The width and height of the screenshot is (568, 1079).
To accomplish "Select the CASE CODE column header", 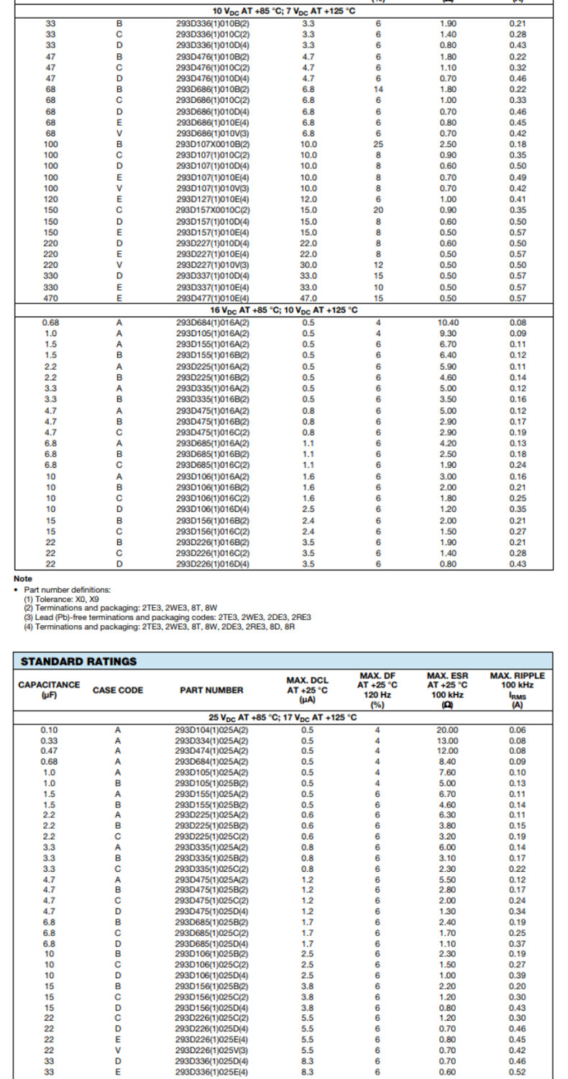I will (x=118, y=690).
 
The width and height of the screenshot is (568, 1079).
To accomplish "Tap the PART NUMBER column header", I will (x=211, y=690).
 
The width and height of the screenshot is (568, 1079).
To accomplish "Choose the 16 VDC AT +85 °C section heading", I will (x=284, y=310).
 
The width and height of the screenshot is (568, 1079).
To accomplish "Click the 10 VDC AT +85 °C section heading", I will (x=284, y=12).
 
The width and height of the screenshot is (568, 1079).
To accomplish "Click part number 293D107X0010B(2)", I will (x=213, y=145).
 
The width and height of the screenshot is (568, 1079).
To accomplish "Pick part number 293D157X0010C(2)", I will (x=213, y=210).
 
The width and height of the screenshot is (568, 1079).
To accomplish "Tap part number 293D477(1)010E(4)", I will (x=213, y=298).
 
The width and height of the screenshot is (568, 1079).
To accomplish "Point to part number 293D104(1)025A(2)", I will (x=211, y=729).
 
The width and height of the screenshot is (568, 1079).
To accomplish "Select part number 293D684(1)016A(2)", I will (x=213, y=322).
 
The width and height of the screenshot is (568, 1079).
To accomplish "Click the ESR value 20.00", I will (x=447, y=729).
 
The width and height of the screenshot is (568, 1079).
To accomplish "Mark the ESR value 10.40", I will (x=448, y=322).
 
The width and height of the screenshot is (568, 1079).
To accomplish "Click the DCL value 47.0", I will (x=308, y=298).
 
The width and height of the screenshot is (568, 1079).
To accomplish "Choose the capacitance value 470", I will (x=51, y=298).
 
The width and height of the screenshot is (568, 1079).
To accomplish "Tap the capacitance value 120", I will (x=51, y=199).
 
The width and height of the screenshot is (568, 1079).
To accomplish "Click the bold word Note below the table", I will (x=22, y=578).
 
